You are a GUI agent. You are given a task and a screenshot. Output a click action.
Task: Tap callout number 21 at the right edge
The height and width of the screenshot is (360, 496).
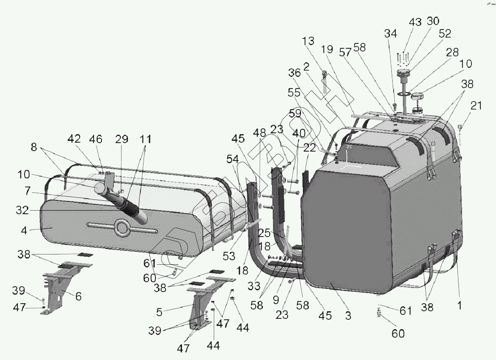(x=477, y=106)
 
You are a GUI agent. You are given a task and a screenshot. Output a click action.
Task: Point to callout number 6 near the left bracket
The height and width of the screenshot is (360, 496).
(x=79, y=296)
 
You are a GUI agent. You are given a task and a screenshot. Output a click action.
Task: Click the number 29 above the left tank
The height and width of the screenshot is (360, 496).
(x=122, y=140)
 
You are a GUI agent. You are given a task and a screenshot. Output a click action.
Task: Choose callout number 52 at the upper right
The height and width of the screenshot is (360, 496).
(x=445, y=34)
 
